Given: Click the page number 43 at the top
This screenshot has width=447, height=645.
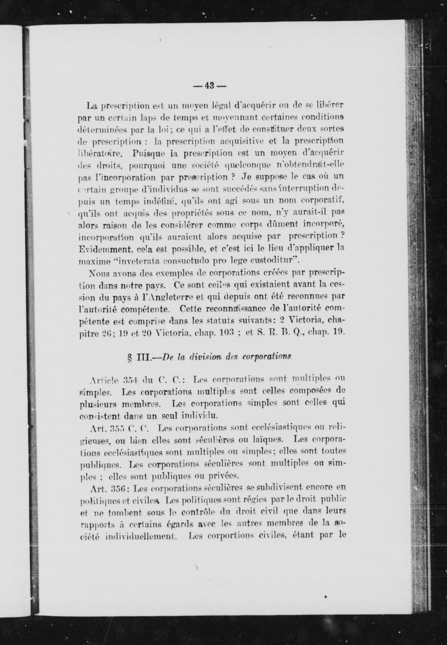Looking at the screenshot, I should [x=209, y=86].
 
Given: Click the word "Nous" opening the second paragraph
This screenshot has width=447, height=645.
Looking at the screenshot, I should [x=96, y=273].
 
